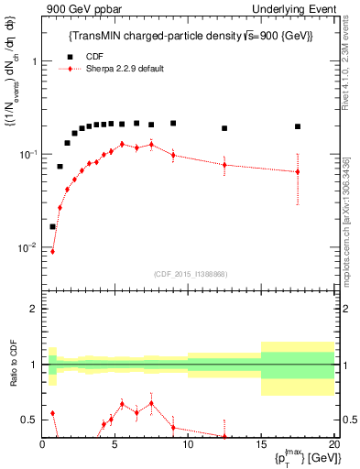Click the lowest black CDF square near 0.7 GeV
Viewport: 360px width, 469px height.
pyautogui.click(x=52, y=226)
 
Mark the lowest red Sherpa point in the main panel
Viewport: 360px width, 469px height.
pyautogui.click(x=52, y=251)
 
